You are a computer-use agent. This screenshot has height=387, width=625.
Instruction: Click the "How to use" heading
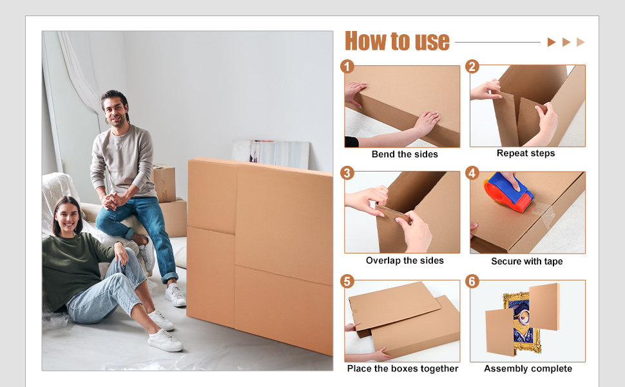click(x=397, y=41)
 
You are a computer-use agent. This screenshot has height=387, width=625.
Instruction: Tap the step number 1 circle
click(x=347, y=66)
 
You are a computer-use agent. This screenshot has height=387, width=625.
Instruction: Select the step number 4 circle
click(x=472, y=173)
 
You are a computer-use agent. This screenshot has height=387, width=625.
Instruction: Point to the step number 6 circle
click(x=472, y=282)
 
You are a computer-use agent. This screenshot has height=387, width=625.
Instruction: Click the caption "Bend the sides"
click(x=405, y=154)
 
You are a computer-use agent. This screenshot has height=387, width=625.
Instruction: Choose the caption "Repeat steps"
click(x=526, y=154)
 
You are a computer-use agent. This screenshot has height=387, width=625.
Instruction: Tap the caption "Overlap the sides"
click(x=405, y=261)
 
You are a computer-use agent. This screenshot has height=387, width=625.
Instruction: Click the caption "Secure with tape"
click(x=527, y=261)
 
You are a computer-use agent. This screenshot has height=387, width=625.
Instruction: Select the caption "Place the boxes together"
click(x=403, y=369)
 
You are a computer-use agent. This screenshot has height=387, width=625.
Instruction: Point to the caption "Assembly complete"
click(x=528, y=369)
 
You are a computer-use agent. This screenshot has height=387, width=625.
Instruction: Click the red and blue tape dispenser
click(x=508, y=192)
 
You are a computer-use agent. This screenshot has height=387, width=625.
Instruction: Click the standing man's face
click(x=115, y=110)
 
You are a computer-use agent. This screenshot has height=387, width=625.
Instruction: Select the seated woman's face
click(x=67, y=217)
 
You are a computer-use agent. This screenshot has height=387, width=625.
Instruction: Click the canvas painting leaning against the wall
click(x=271, y=154)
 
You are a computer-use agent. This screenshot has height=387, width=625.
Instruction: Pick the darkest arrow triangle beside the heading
click(x=552, y=42)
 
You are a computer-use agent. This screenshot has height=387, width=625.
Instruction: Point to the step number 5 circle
click(x=347, y=282)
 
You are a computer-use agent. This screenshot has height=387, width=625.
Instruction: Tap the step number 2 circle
click(x=472, y=66)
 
